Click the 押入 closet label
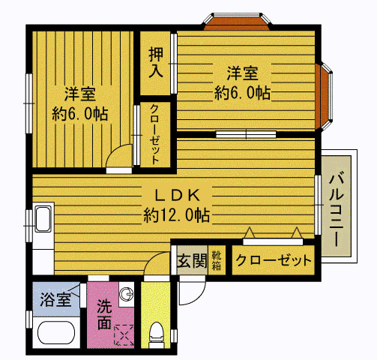[156, 62]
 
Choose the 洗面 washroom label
[104, 315]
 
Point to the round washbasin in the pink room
[127, 293]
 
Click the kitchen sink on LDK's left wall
[42, 220]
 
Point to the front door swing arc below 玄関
[190, 289]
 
